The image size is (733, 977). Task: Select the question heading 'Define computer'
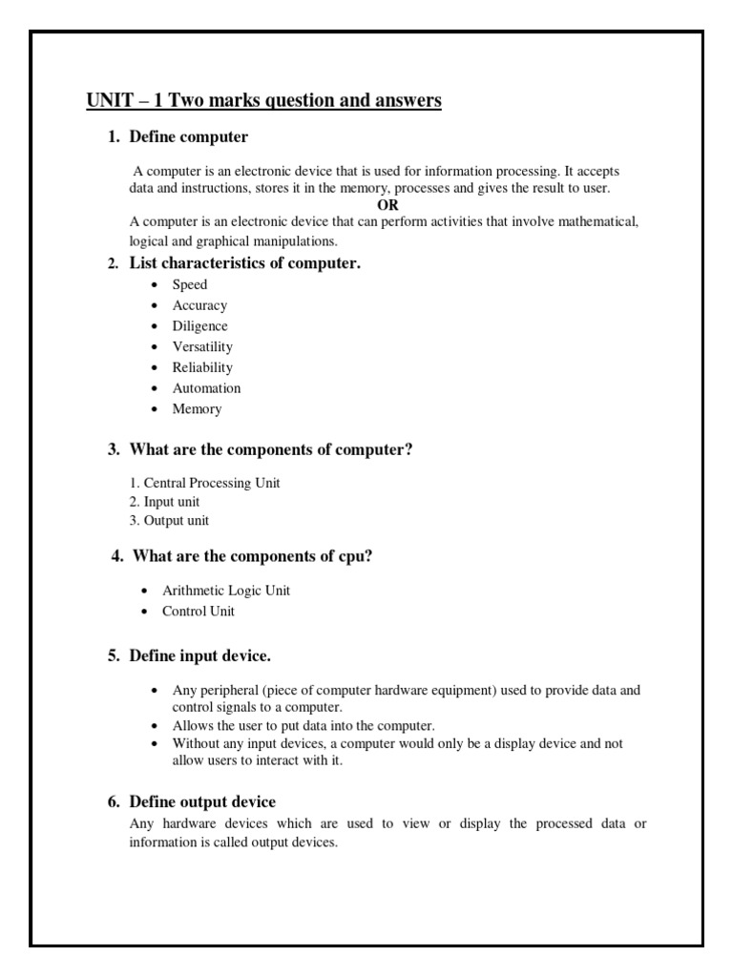[x=188, y=137]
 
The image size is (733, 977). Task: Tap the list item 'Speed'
[x=189, y=284]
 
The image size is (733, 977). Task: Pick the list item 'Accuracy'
[x=199, y=305]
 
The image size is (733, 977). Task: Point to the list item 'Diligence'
[x=199, y=326]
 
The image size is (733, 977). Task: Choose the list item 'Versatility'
[x=202, y=347]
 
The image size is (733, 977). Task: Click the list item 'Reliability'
[x=202, y=367]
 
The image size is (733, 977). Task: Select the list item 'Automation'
[x=206, y=388]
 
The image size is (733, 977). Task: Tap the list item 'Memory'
[x=197, y=409]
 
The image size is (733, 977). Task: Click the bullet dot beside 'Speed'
[x=154, y=285]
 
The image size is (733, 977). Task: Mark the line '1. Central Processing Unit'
[x=204, y=483]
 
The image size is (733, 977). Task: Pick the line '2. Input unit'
[x=164, y=502]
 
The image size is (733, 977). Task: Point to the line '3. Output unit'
[x=169, y=521]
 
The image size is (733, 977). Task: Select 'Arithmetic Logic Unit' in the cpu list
[x=226, y=591]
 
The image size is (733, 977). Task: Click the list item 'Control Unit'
[x=198, y=612]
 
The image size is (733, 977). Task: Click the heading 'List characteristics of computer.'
[x=244, y=263]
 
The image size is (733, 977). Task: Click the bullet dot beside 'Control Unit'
[x=143, y=612]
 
